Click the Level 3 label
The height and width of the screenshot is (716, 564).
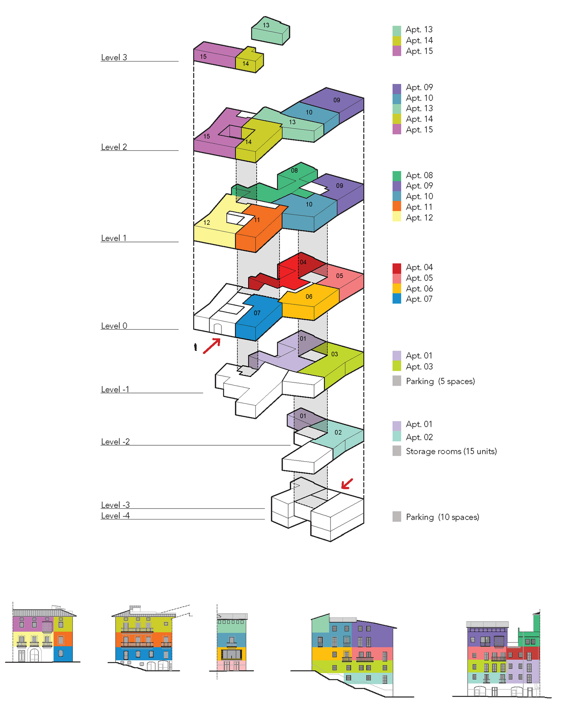(x=114, y=57)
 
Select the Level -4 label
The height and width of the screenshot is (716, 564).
(x=115, y=516)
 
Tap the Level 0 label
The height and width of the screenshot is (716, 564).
(x=114, y=326)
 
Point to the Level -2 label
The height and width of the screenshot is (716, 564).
(x=115, y=442)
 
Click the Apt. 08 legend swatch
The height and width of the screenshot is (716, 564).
(x=397, y=175)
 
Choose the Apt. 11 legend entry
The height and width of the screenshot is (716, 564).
(x=419, y=207)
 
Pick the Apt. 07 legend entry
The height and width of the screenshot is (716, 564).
(x=419, y=299)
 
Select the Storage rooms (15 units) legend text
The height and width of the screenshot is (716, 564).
(x=451, y=451)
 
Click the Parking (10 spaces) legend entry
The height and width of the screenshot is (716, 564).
(x=442, y=517)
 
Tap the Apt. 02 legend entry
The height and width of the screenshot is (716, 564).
(x=419, y=437)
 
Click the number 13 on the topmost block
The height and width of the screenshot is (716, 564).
(x=266, y=25)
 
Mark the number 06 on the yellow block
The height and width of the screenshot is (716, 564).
(x=309, y=297)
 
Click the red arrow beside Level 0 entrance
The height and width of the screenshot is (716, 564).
(x=212, y=346)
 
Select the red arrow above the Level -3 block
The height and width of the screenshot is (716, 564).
(x=347, y=484)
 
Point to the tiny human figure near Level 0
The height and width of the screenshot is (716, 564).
(x=195, y=347)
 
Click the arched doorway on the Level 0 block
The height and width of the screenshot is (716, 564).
(x=217, y=329)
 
